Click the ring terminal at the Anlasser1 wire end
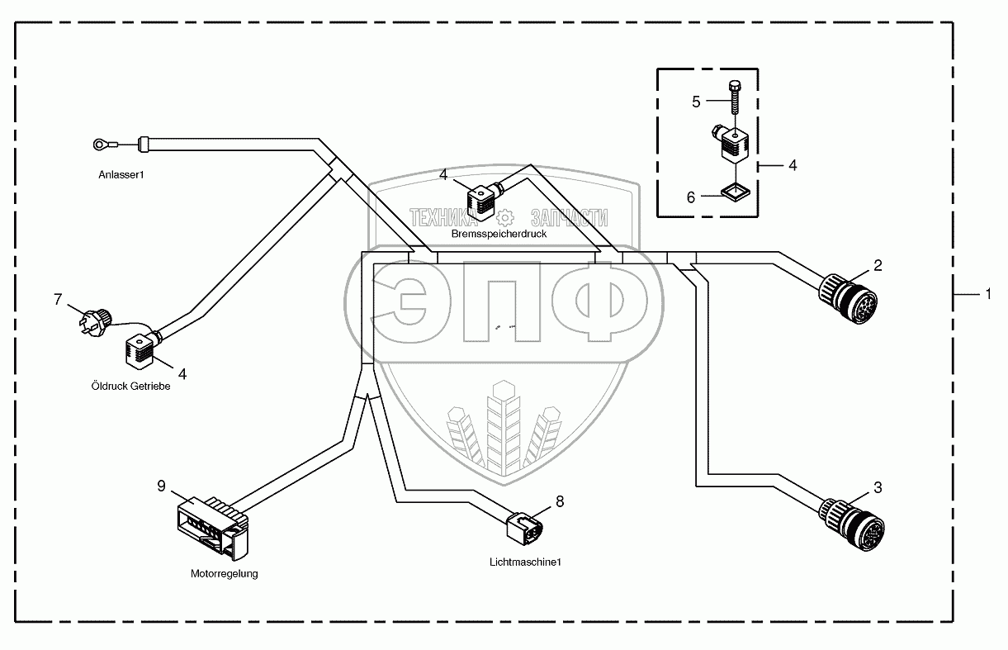pos(100,145)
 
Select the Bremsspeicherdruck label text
pos(499,234)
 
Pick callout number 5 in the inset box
pos(696,102)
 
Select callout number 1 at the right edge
pos(988,293)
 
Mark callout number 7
pos(58,299)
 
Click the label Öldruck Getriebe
pos(130,386)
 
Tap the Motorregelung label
pos(225,573)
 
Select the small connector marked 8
pos(522,526)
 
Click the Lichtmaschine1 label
pos(525,562)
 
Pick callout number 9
pos(162,486)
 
